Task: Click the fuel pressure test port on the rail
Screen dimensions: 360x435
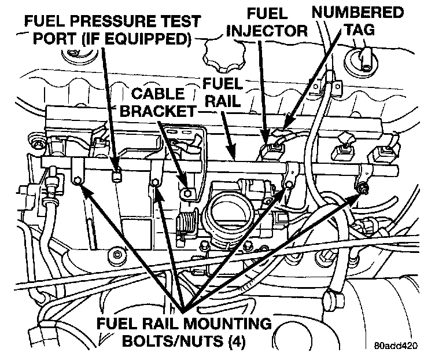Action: click(x=117, y=175)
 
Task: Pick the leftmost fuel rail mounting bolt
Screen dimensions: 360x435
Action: click(x=78, y=183)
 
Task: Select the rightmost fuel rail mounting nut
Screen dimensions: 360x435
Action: click(x=362, y=188)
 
